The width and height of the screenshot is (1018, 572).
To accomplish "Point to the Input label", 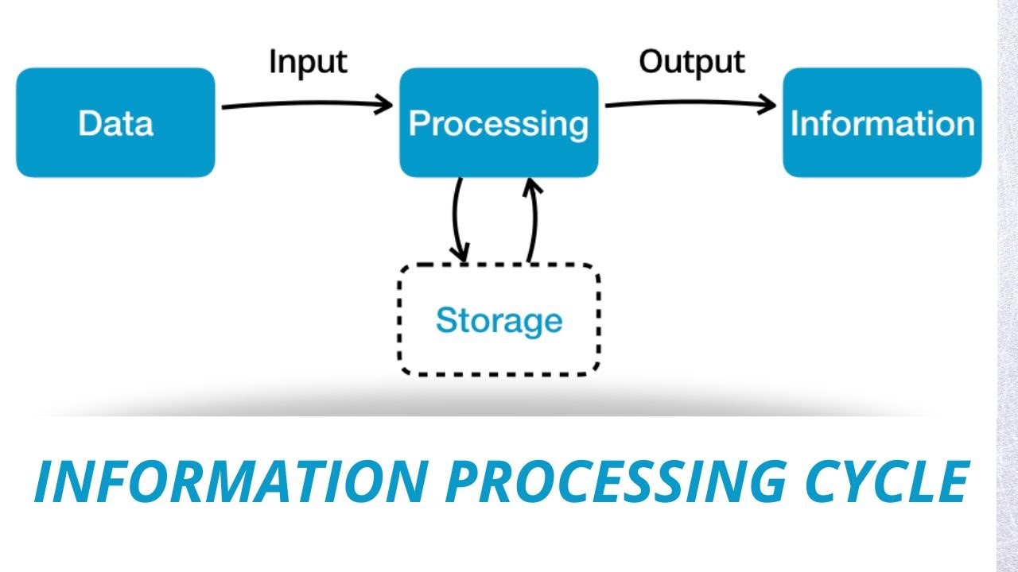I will [x=308, y=62].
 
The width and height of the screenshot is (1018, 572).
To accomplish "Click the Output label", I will [x=692, y=62].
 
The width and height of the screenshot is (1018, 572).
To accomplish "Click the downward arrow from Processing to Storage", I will [x=456, y=218].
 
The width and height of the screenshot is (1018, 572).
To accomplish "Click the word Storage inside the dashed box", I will [x=499, y=320].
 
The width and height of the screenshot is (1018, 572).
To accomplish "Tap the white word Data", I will [x=115, y=124].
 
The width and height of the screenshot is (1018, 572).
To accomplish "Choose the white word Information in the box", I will [x=882, y=124].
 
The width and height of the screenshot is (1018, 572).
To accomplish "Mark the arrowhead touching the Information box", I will [x=767, y=105].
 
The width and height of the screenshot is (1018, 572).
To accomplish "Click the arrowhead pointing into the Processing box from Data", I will [x=385, y=104].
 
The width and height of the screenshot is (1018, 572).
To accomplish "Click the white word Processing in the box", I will [x=499, y=124].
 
